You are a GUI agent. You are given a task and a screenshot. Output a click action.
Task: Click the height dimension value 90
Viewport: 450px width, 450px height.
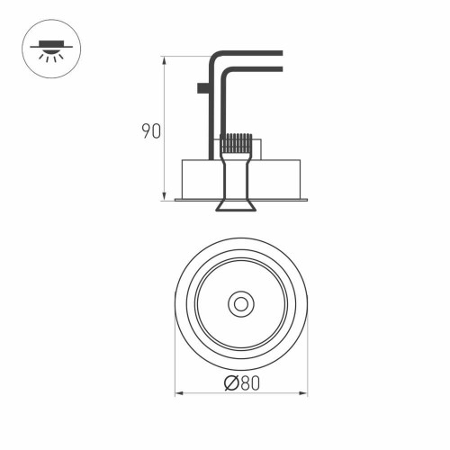point(150,132)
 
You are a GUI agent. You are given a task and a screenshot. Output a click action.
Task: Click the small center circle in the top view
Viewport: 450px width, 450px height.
point(240,304)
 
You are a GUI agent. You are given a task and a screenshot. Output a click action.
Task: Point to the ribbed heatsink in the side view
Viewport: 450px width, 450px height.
point(235,143)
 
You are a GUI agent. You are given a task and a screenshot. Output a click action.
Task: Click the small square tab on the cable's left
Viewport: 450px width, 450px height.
point(201,88)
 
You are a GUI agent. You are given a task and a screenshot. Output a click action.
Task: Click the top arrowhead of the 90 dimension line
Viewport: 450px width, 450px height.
point(164,60)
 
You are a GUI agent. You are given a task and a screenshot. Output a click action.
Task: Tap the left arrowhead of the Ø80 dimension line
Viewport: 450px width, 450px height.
point(176,393)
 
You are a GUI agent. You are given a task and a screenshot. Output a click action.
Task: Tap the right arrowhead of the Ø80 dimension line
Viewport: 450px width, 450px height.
point(304,393)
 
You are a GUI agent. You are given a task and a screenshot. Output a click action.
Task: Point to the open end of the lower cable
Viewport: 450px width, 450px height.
point(282,69)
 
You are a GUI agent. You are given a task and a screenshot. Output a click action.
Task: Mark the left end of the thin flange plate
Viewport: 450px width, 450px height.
point(176,200)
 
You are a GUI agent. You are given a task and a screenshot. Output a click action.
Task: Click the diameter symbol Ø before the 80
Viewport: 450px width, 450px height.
point(229,383)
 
